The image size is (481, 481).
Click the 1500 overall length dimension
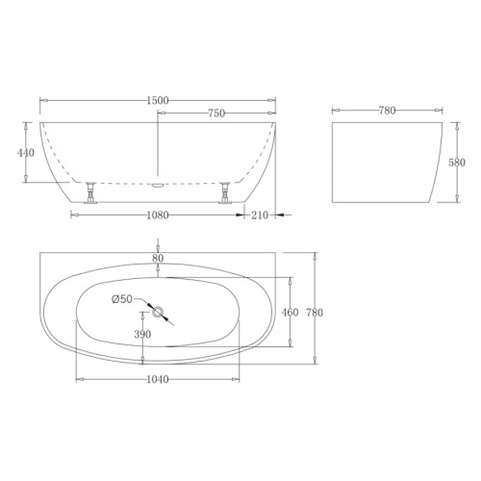[158, 101]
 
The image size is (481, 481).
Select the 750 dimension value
[216, 114]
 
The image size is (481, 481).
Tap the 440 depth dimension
[26, 153]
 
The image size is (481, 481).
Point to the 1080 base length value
[158, 215]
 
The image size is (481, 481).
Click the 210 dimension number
[260, 215]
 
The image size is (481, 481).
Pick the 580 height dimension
[457, 163]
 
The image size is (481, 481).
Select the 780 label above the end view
[387, 111]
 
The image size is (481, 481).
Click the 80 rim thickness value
[158, 258]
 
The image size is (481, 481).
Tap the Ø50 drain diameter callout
[122, 299]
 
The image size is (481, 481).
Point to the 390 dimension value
[142, 335]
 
